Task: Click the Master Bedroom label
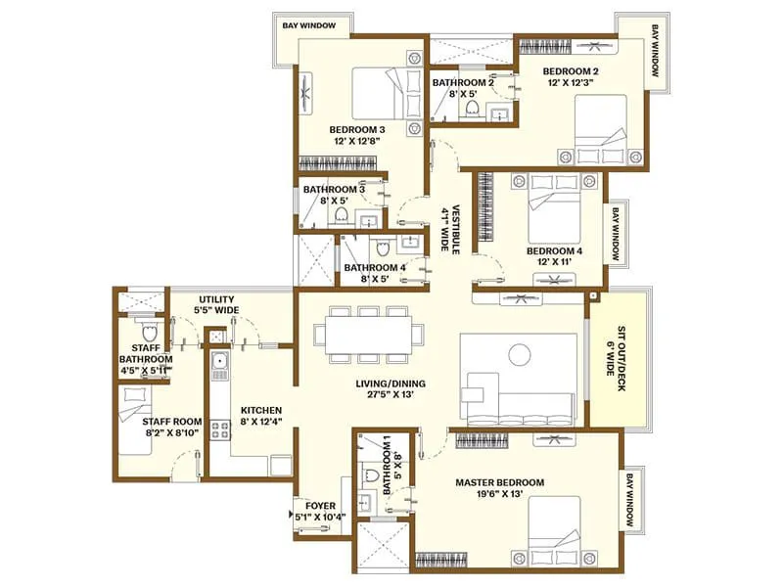499,482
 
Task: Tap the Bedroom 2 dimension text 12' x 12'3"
571,84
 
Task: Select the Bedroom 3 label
356,129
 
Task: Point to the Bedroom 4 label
554,250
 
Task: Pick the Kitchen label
262,410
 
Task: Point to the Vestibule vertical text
447,228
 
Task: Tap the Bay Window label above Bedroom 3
305,25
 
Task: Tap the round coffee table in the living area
518,353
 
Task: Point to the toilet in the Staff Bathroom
147,332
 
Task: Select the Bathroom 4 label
374,267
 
